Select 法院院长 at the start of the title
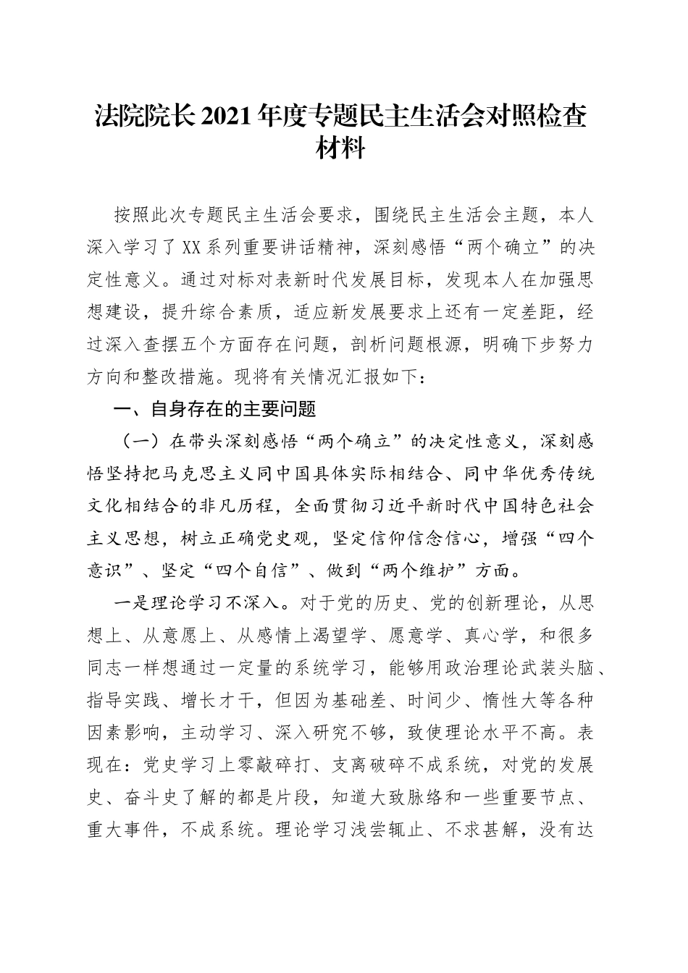click(x=140, y=116)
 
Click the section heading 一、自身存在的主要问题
click(x=215, y=410)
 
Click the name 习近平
click(x=382, y=507)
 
